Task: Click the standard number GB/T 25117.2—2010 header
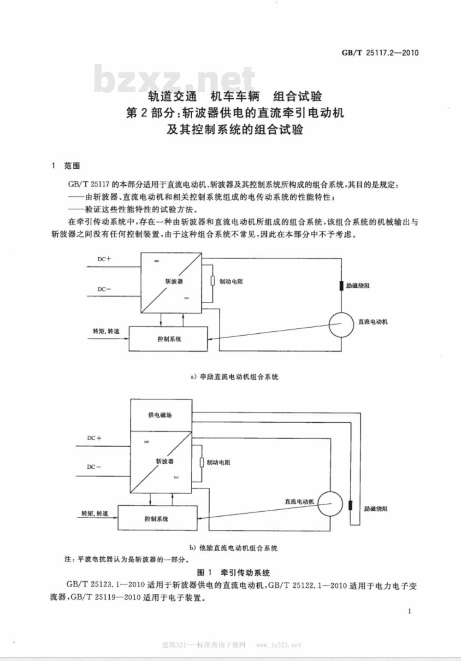[380, 53]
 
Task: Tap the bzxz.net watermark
[174, 79]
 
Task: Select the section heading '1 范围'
[65, 166]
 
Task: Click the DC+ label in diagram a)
[104, 259]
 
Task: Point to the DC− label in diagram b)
[94, 467]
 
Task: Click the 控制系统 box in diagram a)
[168, 339]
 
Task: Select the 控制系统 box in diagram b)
[158, 518]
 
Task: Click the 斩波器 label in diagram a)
[174, 281]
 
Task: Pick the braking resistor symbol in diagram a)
[212, 281]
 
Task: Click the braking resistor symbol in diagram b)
[202, 462]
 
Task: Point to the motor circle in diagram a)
[341, 325]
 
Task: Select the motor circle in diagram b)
[330, 504]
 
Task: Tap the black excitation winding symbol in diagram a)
[342, 286]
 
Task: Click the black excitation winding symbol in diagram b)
[351, 506]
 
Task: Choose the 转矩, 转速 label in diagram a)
[106, 331]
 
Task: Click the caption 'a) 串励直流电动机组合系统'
[235, 377]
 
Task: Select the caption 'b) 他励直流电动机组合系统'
[233, 548]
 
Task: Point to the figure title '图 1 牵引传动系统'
[233, 573]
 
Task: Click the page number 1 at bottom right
[409, 611]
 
